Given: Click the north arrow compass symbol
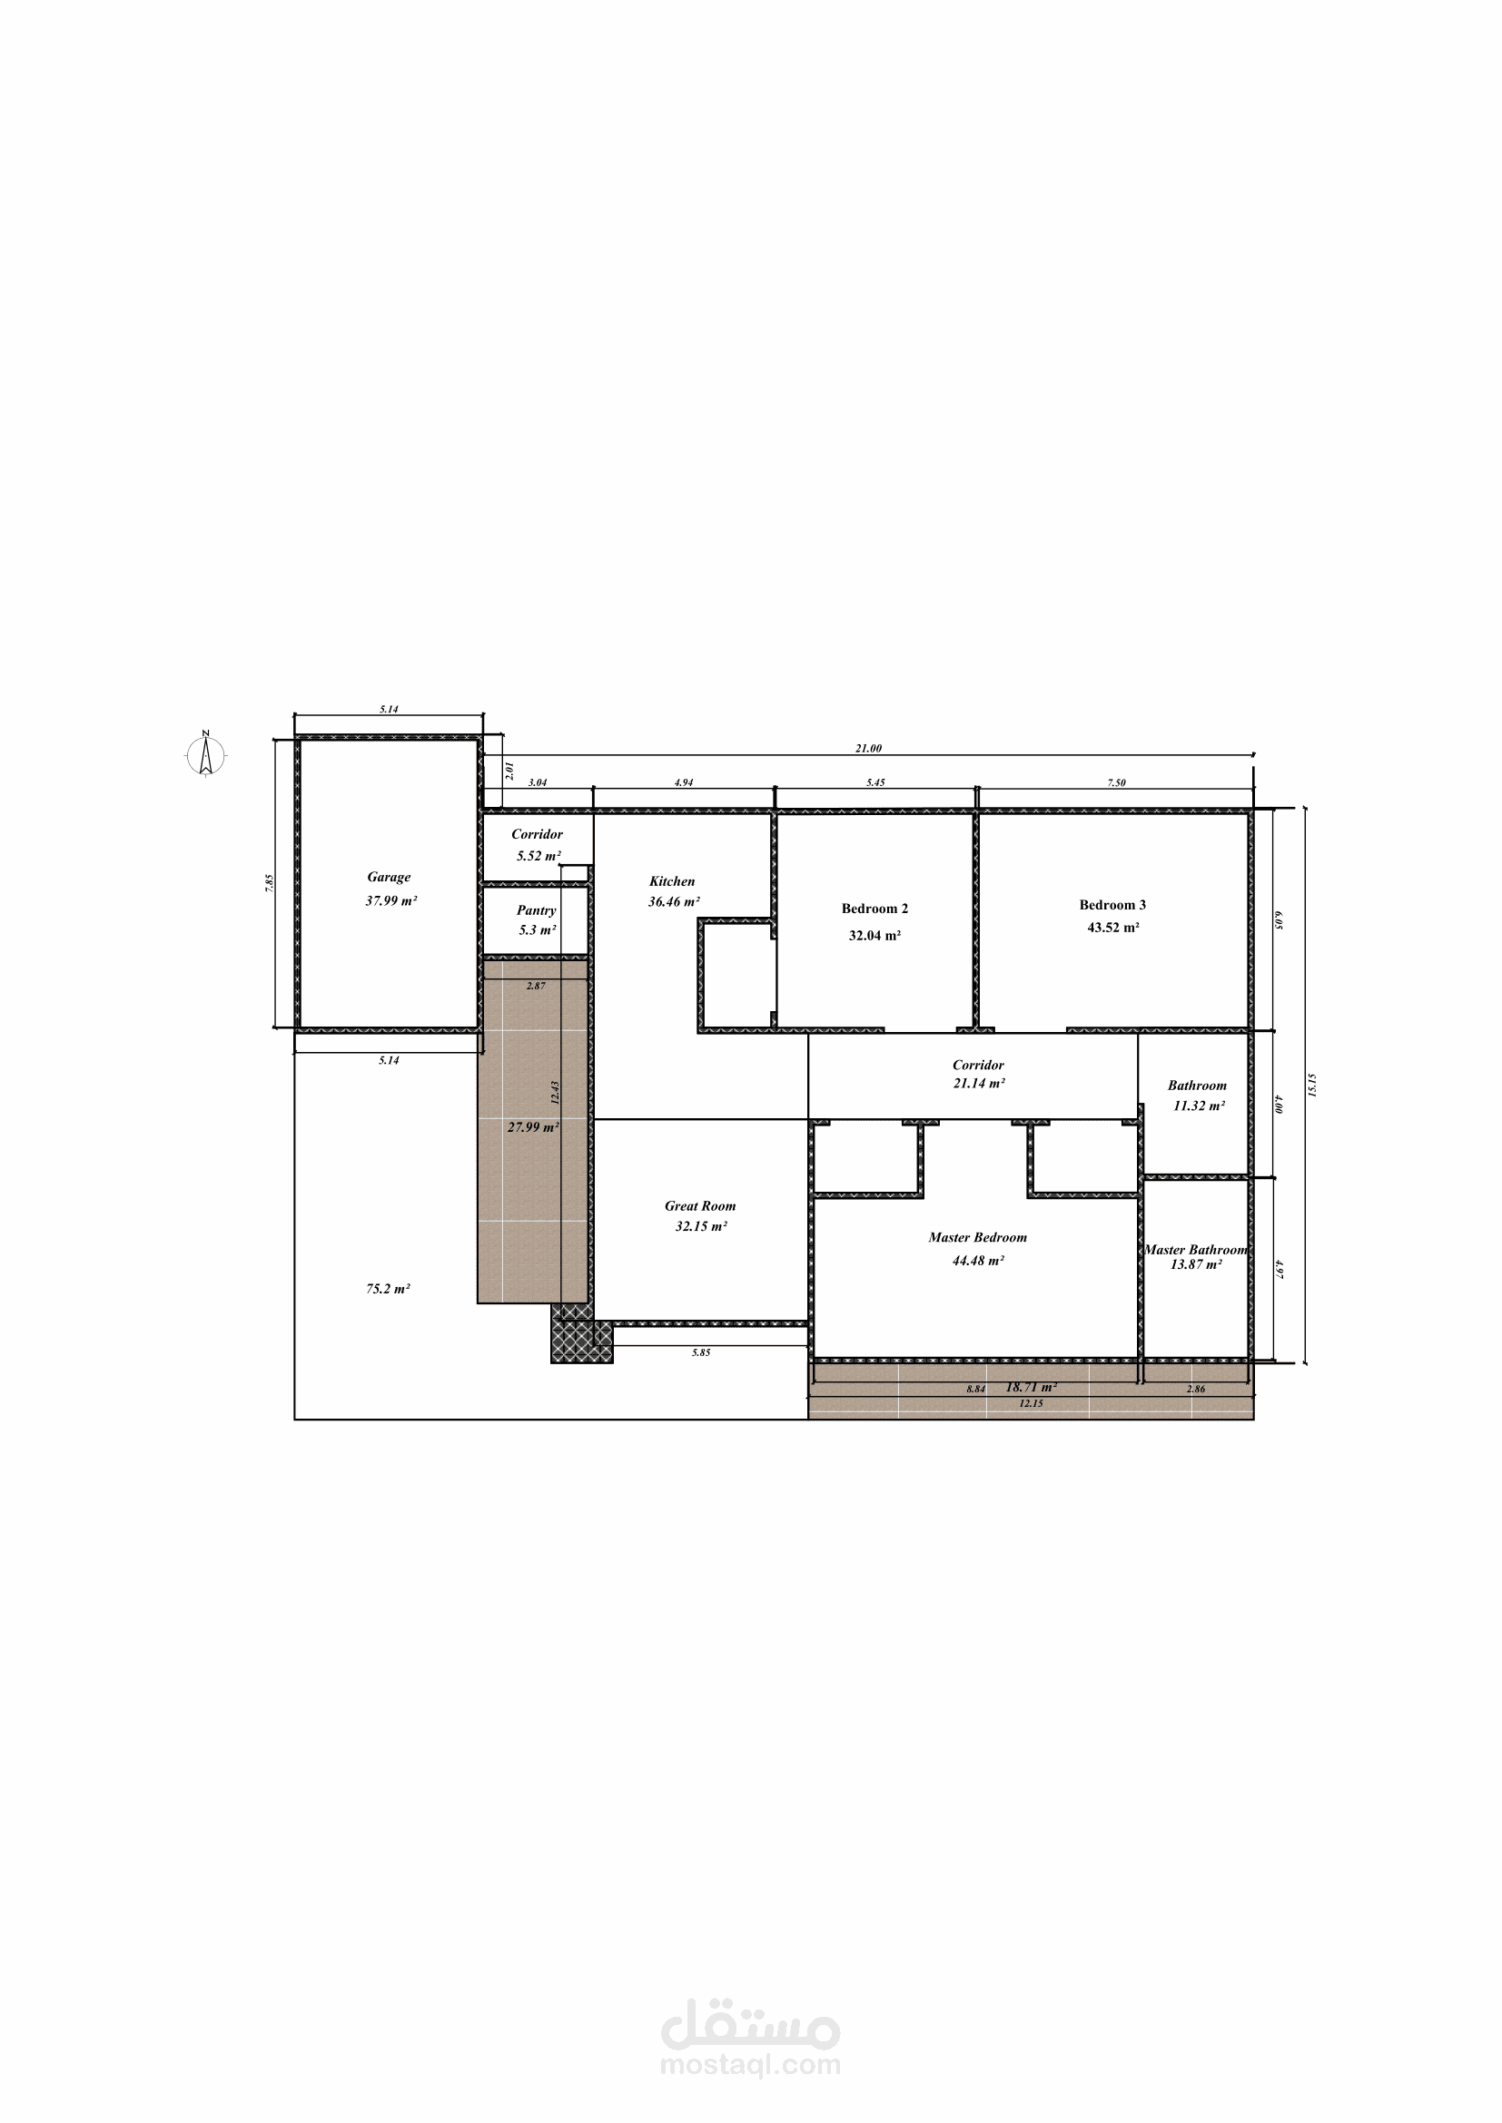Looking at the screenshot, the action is click(206, 753).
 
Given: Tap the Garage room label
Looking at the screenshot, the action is click(389, 878).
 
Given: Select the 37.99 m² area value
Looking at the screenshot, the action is click(391, 900).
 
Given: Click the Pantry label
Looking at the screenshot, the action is click(537, 910).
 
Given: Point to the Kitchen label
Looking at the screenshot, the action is click(671, 881).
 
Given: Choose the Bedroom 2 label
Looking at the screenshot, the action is click(875, 909).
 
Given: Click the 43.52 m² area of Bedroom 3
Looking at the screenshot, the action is click(1113, 928).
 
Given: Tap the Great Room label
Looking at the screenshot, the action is click(700, 1205).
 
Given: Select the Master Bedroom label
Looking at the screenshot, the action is click(978, 1237).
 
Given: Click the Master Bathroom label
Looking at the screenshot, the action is click(1196, 1250).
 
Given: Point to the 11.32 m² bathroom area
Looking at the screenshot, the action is click(1200, 1106).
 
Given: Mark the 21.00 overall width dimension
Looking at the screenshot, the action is click(868, 749).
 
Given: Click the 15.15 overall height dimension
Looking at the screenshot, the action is click(1312, 1085).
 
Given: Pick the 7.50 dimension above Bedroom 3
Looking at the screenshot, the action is click(1116, 783).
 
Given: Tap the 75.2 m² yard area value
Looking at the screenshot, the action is click(389, 1289).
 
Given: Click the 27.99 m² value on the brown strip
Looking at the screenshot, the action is click(534, 1127).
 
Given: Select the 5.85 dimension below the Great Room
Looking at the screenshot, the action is click(701, 1352).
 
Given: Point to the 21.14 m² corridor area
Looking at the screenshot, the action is click(980, 1084).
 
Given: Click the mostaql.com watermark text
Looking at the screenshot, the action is click(750, 2064).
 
